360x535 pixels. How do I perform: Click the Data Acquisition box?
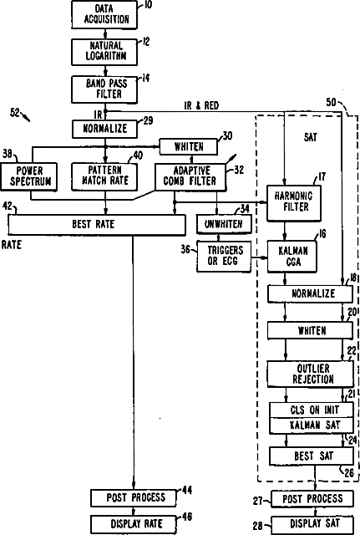click(x=104, y=14)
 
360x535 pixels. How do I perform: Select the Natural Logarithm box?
click(x=104, y=52)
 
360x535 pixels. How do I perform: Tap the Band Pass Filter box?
click(x=104, y=89)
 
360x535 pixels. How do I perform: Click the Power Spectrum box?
click(x=29, y=176)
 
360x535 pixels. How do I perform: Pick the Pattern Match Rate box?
click(x=104, y=176)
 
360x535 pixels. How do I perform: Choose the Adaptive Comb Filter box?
click(x=190, y=177)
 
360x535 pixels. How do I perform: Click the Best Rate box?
click(x=97, y=225)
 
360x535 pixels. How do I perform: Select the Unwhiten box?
click(x=224, y=224)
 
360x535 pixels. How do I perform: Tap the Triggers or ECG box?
click(x=224, y=257)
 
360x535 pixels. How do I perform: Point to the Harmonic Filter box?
click(x=294, y=203)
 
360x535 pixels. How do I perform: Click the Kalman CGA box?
click(x=292, y=257)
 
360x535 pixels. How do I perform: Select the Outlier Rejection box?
click(x=310, y=374)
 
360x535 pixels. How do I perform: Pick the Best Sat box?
click(x=312, y=456)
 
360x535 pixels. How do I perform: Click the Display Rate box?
click(x=134, y=524)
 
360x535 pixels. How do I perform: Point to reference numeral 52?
click(x=15, y=112)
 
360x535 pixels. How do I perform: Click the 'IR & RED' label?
click(x=201, y=105)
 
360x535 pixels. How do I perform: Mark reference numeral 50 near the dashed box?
click(x=331, y=102)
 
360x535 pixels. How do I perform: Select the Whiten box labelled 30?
click(x=189, y=147)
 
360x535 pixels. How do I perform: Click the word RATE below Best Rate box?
click(x=11, y=245)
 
